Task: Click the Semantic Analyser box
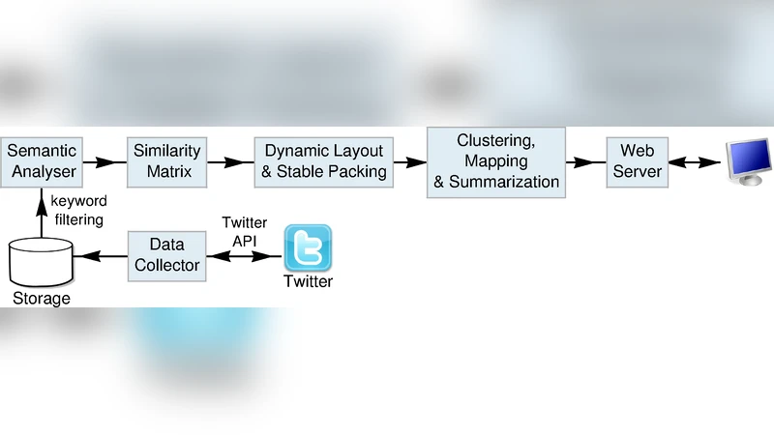[42, 161]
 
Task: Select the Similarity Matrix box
[167, 161]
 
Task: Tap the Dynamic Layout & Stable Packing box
[324, 161]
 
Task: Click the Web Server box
[637, 161]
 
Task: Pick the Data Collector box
[166, 254]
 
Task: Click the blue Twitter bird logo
[308, 247]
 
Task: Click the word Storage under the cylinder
[42, 299]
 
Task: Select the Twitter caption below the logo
[308, 281]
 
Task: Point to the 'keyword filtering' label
[78, 212]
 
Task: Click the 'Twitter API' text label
[244, 231]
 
